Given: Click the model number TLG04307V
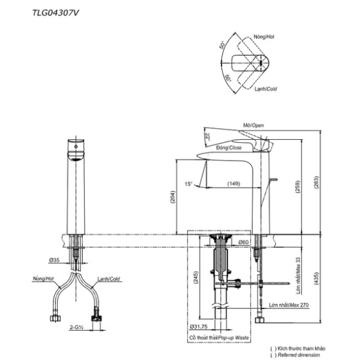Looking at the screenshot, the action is (x=55, y=13).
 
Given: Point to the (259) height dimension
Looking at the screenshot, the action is (x=298, y=186).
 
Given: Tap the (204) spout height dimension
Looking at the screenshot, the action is (x=173, y=197).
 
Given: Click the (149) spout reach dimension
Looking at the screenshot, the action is (x=234, y=183).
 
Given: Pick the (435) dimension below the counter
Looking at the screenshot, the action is (x=316, y=278).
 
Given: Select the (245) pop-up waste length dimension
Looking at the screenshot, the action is (x=196, y=278).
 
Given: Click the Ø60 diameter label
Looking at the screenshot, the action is (x=243, y=242).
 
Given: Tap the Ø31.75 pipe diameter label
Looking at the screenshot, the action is (x=199, y=326).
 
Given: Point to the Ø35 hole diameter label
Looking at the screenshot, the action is (x=54, y=260).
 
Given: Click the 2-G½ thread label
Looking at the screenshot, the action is (x=77, y=327).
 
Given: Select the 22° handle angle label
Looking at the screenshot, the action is (x=208, y=137).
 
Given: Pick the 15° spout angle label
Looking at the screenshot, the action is (x=188, y=183).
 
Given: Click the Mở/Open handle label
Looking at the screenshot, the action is (x=253, y=125).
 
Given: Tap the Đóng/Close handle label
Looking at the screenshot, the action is (x=229, y=148).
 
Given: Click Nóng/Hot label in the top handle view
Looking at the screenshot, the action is (x=264, y=37).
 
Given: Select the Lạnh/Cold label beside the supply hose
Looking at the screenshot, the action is (x=109, y=279).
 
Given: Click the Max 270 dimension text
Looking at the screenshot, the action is (x=299, y=305).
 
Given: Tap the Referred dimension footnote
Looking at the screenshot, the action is (x=299, y=355).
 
